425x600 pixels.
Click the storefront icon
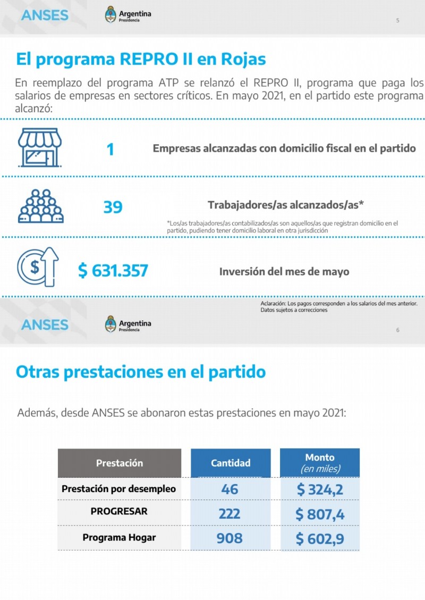(40, 148)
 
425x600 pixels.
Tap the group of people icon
(40, 206)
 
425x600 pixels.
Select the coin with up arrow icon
(38, 267)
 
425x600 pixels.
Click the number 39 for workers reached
(113, 207)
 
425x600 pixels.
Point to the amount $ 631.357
(113, 271)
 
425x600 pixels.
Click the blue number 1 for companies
(110, 149)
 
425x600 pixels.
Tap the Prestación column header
(119, 463)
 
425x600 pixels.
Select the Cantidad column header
(231, 463)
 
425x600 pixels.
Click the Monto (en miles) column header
(320, 463)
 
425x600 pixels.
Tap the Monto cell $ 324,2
(320, 489)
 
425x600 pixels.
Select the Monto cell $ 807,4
(320, 513)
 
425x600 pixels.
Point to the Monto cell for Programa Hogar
(320, 538)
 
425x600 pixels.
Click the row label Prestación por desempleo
(119, 489)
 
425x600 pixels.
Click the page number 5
(398, 20)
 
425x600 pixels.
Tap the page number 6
(398, 330)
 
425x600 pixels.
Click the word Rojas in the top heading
(243, 60)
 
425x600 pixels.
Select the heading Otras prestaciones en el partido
(141, 372)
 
